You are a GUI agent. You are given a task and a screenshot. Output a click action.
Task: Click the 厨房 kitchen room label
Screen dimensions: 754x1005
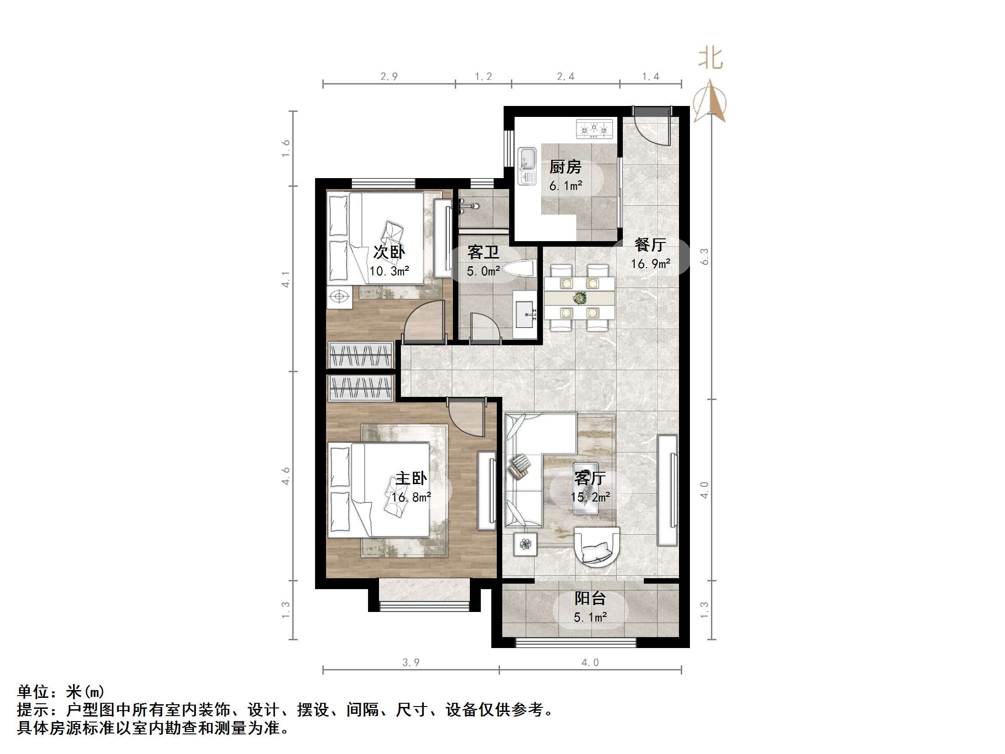click(565, 167)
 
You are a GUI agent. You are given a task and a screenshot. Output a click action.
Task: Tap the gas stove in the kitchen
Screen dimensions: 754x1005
click(594, 129)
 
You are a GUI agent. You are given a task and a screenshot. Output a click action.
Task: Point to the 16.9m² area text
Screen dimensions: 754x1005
click(650, 264)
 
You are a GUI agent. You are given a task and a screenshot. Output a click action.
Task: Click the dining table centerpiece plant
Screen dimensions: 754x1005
click(579, 298)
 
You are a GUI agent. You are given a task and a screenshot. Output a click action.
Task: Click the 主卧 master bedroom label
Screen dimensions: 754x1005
click(411, 478)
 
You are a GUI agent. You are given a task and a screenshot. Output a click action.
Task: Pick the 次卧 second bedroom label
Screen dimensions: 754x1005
click(389, 252)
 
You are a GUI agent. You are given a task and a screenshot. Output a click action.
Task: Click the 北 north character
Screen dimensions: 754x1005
click(710, 59)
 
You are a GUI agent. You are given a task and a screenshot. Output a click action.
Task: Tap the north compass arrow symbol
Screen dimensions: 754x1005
click(710, 101)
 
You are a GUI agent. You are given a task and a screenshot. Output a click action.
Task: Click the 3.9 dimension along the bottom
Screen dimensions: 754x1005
click(410, 662)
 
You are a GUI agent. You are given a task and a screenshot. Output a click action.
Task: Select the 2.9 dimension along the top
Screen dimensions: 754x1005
click(389, 77)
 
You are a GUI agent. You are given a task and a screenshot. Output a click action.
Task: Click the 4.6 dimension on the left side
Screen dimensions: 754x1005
click(285, 476)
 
